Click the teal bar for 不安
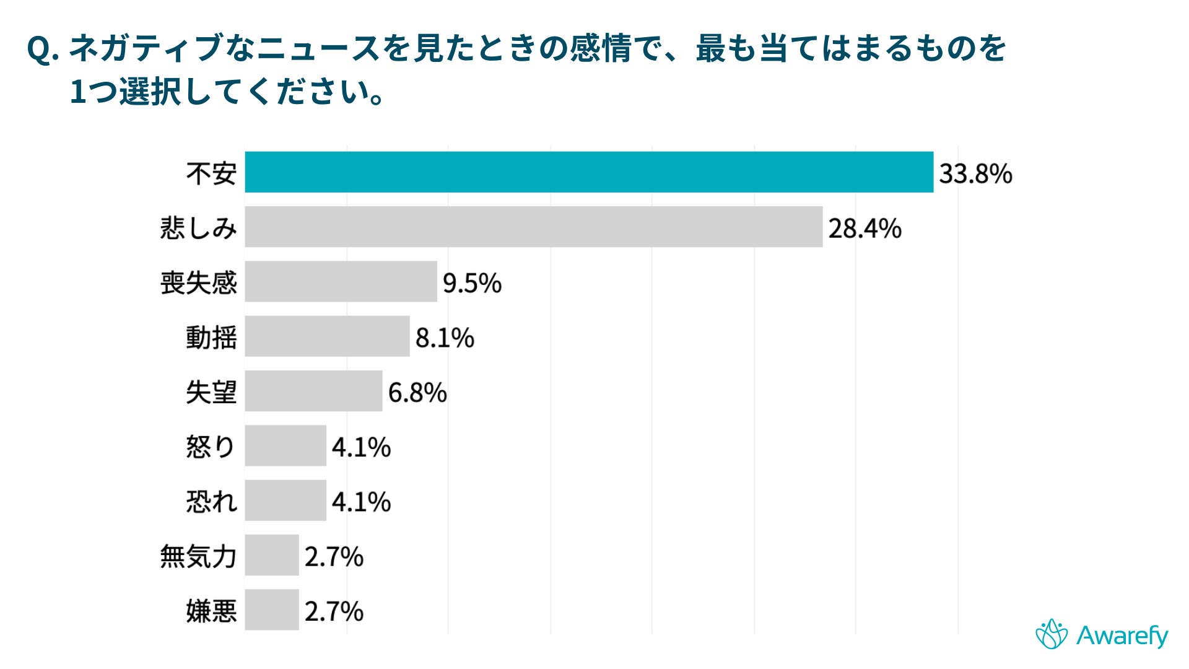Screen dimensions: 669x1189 pos(588,172)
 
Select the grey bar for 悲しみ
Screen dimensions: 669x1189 pos(533,227)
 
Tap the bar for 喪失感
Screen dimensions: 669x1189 pos(341,281)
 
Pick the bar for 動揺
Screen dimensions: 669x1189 pos(327,336)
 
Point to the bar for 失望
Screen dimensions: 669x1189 pos(313,391)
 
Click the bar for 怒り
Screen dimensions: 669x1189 pos(285,445)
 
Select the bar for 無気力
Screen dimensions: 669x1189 pos(272,555)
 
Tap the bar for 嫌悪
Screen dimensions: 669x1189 pos(272,610)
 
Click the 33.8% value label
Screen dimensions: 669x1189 pos(975,173)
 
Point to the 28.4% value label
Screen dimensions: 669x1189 pos(865,229)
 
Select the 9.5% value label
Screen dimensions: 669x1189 pos(472,283)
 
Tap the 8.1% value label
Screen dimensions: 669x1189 pos(445,338)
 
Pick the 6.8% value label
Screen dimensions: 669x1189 pos(417,393)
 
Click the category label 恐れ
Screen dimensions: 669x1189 pos(211,501)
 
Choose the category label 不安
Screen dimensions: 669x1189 pos(211,173)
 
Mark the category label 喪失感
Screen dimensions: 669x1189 pos(198,283)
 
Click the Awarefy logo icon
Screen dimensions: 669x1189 pos(1052,634)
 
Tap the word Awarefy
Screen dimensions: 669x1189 pos(1122,636)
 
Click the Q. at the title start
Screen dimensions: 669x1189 pos(43,50)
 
